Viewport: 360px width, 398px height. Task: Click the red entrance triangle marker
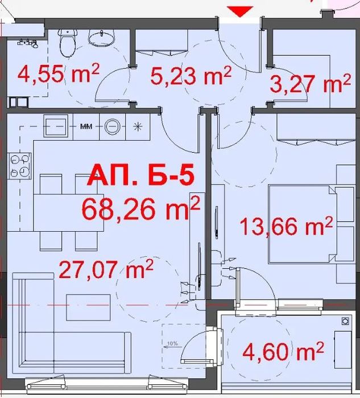[x=240, y=11]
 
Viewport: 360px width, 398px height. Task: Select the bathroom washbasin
[x=101, y=38]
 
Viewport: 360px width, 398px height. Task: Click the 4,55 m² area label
[x=59, y=73]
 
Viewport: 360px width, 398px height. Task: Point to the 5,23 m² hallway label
[x=191, y=75]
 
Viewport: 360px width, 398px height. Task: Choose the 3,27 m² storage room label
[x=311, y=83]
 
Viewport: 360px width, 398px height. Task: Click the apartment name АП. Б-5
[x=140, y=175]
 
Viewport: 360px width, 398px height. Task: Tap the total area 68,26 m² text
[x=140, y=210]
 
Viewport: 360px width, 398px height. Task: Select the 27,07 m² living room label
[x=106, y=269]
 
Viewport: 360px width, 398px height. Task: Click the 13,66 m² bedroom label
[x=286, y=226]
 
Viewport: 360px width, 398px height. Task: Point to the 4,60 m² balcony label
[x=283, y=351]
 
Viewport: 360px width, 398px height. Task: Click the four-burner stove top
[x=20, y=166]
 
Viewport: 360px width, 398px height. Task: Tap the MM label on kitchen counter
[x=86, y=126]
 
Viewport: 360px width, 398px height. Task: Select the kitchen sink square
[x=56, y=126]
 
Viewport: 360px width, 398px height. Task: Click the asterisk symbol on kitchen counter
[x=138, y=126]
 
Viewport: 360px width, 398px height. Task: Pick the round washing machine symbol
[x=112, y=126]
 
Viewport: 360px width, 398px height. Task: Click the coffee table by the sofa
[x=88, y=307]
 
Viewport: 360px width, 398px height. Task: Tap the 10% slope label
[x=173, y=344]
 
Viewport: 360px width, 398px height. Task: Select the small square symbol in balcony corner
[x=345, y=322]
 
